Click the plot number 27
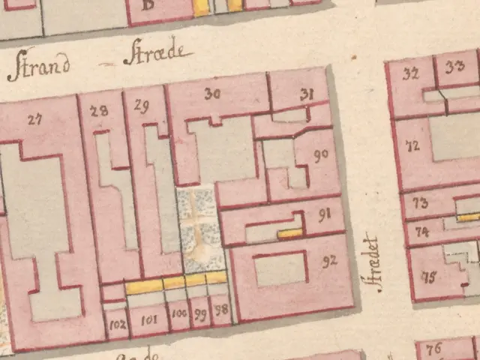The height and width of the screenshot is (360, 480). click(x=34, y=118)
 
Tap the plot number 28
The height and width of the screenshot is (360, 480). click(x=98, y=111)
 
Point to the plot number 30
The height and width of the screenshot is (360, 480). click(x=212, y=94)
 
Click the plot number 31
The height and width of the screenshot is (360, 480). click(x=305, y=94)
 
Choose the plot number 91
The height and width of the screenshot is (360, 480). click(x=325, y=216)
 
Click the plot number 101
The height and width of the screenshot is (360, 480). click(x=148, y=319)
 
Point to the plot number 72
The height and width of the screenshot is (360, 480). click(x=412, y=147)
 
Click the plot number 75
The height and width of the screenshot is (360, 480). click(x=429, y=277)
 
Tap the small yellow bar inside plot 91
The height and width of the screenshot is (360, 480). click(x=289, y=234)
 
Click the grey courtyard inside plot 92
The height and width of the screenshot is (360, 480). click(x=280, y=268)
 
